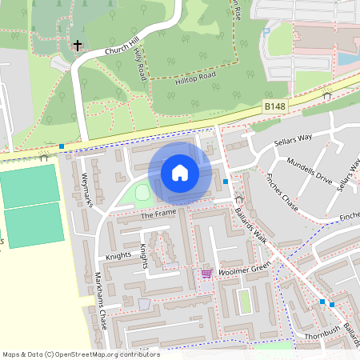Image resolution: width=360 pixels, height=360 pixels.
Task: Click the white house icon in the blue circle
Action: [179, 173]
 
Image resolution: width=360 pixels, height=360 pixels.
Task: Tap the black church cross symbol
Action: [78, 46]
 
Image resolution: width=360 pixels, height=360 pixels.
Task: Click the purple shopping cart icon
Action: [206, 274]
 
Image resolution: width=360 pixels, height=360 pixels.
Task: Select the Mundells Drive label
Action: [309, 170]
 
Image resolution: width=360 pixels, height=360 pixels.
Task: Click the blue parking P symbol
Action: [266, 33]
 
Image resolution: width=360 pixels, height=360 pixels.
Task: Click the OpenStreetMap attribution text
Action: [81, 354]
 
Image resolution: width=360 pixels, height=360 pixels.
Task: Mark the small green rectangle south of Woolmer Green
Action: [245, 301]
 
